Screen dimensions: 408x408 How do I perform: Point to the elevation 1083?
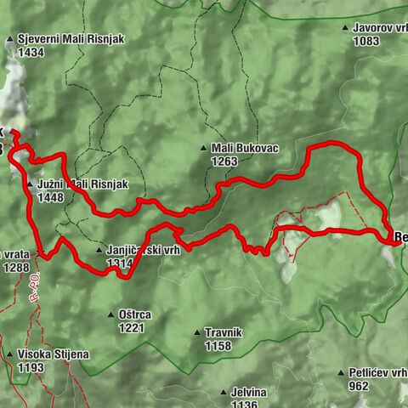367,41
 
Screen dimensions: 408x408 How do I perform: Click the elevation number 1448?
51,197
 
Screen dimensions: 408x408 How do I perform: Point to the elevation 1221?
132,327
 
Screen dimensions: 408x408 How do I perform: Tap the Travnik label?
224,333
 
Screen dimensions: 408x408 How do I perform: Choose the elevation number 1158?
218,346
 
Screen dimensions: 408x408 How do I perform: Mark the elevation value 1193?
30,367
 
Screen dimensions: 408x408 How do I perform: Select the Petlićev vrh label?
377,372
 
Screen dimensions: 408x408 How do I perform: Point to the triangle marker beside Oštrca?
111,315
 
